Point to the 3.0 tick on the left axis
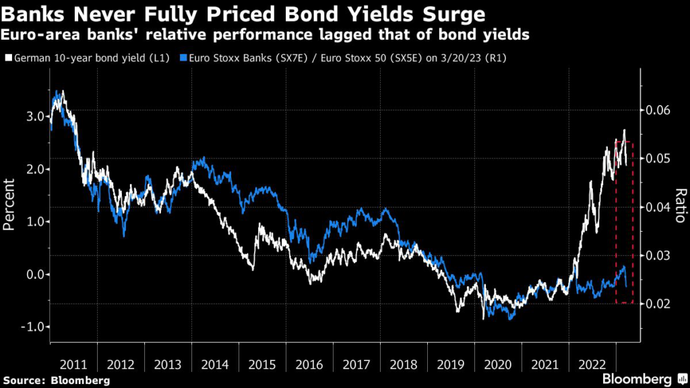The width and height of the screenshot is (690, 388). tap(33, 117)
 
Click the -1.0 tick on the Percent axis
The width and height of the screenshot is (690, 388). tap(31, 327)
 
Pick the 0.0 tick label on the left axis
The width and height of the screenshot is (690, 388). tap(33, 274)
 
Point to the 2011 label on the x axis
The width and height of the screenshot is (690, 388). tap(73, 364)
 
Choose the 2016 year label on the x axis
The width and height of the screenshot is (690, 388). tap(309, 364)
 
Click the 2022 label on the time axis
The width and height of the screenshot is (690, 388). tap(592, 364)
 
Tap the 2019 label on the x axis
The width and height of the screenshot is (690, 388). tap(451, 364)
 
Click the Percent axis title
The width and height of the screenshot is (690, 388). tap(9, 205)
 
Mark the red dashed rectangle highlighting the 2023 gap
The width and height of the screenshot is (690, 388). tap(625, 222)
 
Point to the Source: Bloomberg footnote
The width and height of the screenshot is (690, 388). tap(55, 381)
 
